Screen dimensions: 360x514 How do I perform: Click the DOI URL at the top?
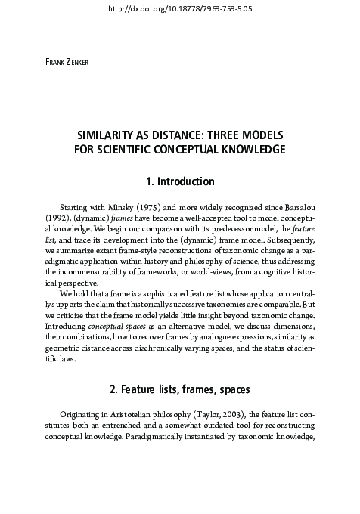pos(180,8)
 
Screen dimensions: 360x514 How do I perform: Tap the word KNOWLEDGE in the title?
pos(249,150)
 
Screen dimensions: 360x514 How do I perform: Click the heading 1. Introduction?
pos(180,182)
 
